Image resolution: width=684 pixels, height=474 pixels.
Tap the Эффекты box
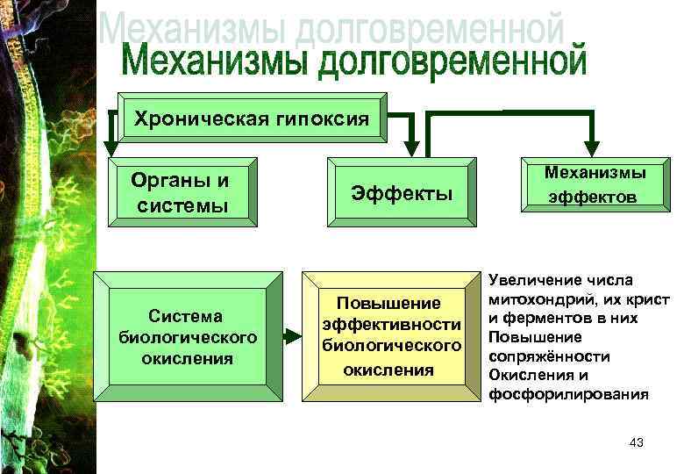coord(401,193)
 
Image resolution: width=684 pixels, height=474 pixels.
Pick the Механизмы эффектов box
coord(593,186)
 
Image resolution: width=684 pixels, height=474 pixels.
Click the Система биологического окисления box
coord(186,336)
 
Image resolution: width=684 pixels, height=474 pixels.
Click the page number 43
coord(637,443)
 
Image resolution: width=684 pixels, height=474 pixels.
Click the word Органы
coord(180,181)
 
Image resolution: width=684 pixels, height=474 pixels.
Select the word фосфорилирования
coord(568,394)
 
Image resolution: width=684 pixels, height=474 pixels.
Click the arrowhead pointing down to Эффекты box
coord(411,147)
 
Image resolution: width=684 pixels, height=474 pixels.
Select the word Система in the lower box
coord(186,316)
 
